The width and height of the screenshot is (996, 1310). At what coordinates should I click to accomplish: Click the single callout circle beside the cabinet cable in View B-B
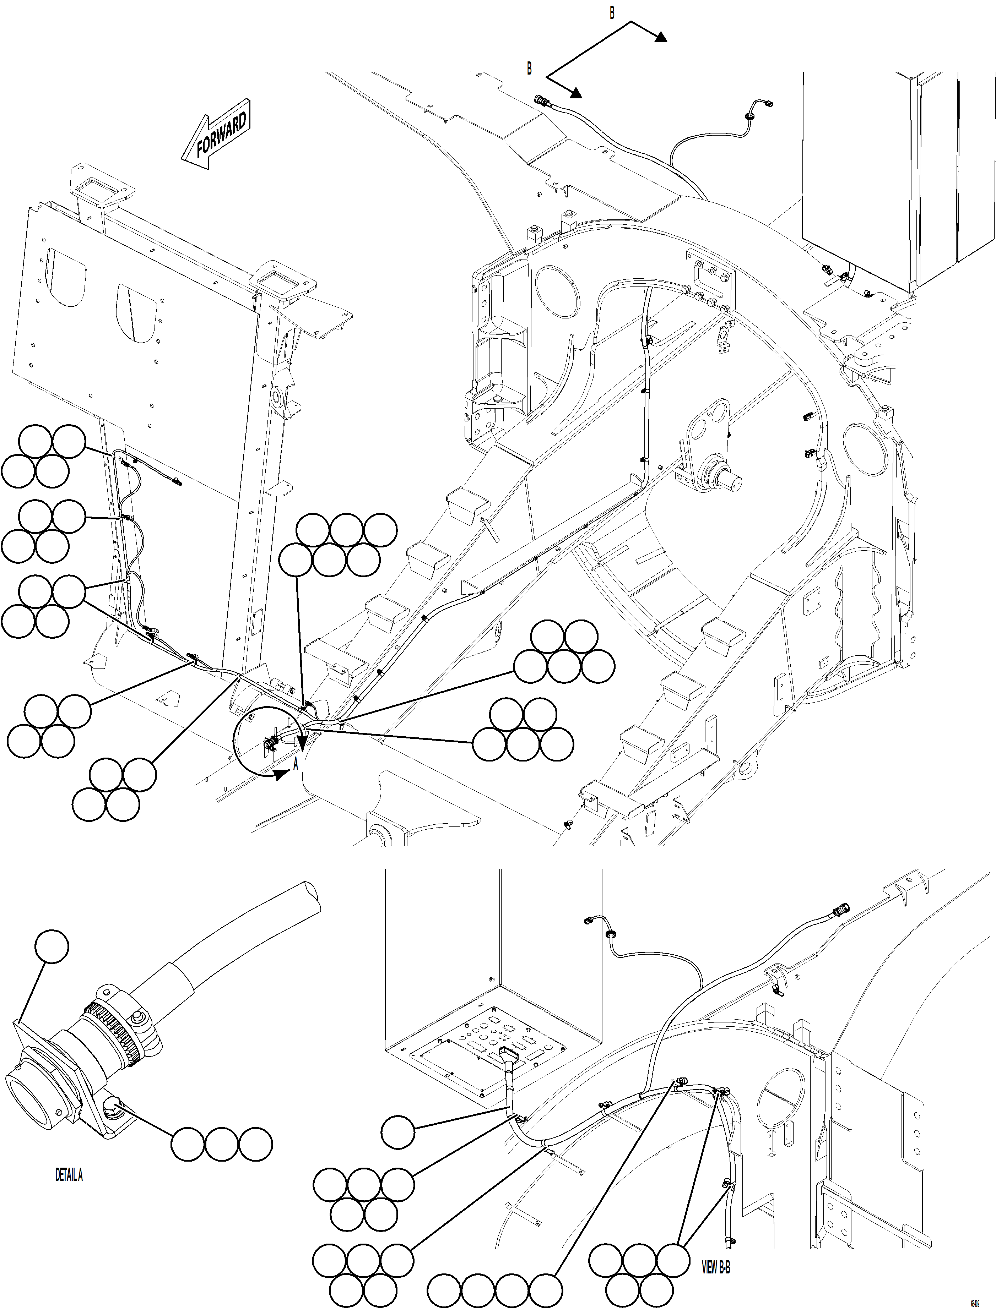[397, 1132]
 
